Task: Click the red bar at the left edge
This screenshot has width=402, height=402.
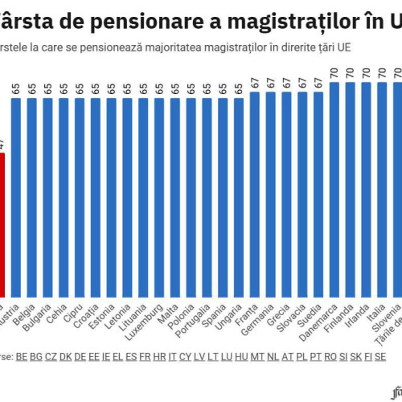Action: [3, 225]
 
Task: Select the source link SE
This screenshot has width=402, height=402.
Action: [377, 355]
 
